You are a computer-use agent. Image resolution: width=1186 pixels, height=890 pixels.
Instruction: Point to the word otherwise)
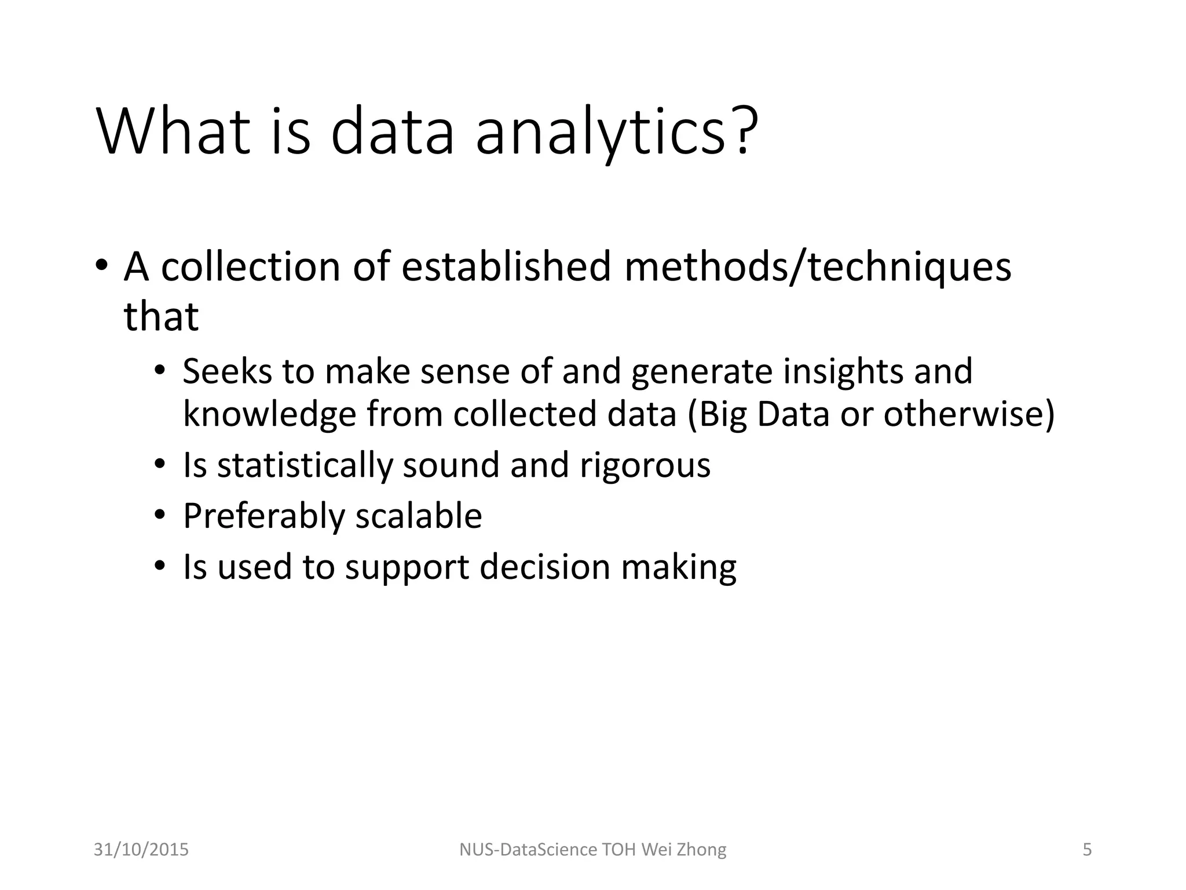[969, 414]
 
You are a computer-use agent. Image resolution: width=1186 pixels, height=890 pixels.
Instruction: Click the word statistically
[305, 465]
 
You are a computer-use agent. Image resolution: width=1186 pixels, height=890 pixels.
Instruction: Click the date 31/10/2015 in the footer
[141, 849]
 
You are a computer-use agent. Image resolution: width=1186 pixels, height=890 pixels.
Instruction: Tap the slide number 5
[1087, 849]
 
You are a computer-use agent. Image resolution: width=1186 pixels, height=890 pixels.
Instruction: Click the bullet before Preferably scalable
[160, 515]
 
